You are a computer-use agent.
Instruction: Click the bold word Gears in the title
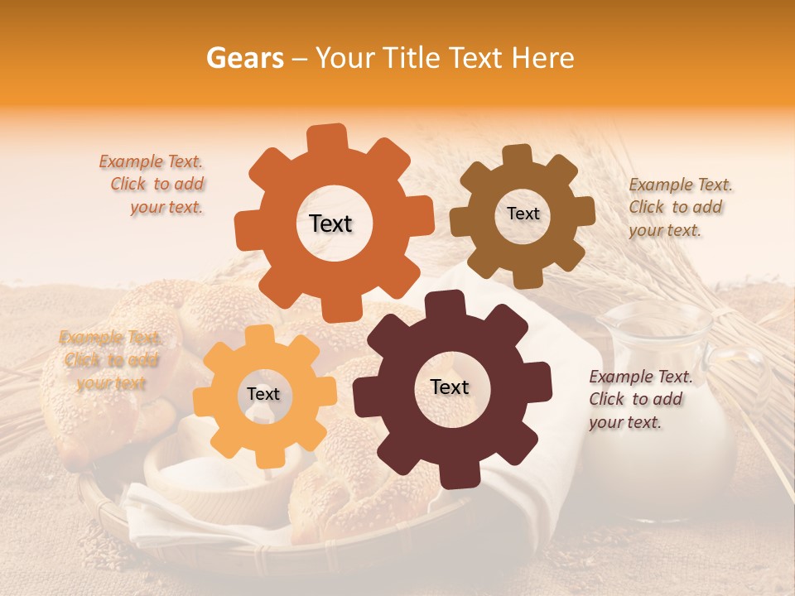(245, 58)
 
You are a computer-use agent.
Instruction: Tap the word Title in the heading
(416, 58)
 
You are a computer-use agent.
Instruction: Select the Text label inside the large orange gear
(330, 223)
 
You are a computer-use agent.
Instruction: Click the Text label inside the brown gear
(523, 214)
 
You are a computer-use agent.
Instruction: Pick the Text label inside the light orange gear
(263, 395)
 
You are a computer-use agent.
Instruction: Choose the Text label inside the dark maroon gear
(450, 387)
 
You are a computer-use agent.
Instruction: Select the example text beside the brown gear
(680, 208)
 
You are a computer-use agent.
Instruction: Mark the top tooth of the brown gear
(518, 155)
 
